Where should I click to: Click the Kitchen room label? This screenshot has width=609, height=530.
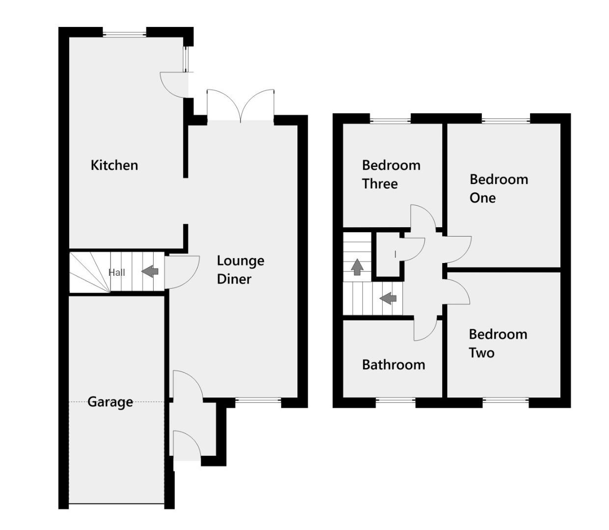tap(114, 165)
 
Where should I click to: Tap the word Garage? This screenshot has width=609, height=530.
tap(110, 402)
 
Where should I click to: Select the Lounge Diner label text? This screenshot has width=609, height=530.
tap(240, 269)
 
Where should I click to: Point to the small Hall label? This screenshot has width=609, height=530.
tap(117, 272)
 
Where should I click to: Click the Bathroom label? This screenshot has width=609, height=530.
tap(393, 365)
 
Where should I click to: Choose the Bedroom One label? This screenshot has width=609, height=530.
tap(499, 188)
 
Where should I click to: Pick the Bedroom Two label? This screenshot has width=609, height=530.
tap(498, 344)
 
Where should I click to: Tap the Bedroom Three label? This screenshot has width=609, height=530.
tap(391, 174)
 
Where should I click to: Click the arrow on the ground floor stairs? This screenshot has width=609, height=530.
tap(150, 271)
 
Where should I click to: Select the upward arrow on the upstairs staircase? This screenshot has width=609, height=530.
tap(357, 266)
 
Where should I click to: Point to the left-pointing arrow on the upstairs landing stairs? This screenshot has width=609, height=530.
tap(388, 297)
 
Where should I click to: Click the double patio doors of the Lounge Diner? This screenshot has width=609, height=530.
tap(240, 105)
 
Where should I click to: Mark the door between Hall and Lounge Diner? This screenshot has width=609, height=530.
tap(182, 271)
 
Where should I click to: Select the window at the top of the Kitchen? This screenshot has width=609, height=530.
tap(125, 33)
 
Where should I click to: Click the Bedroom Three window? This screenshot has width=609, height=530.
tap(390, 120)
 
